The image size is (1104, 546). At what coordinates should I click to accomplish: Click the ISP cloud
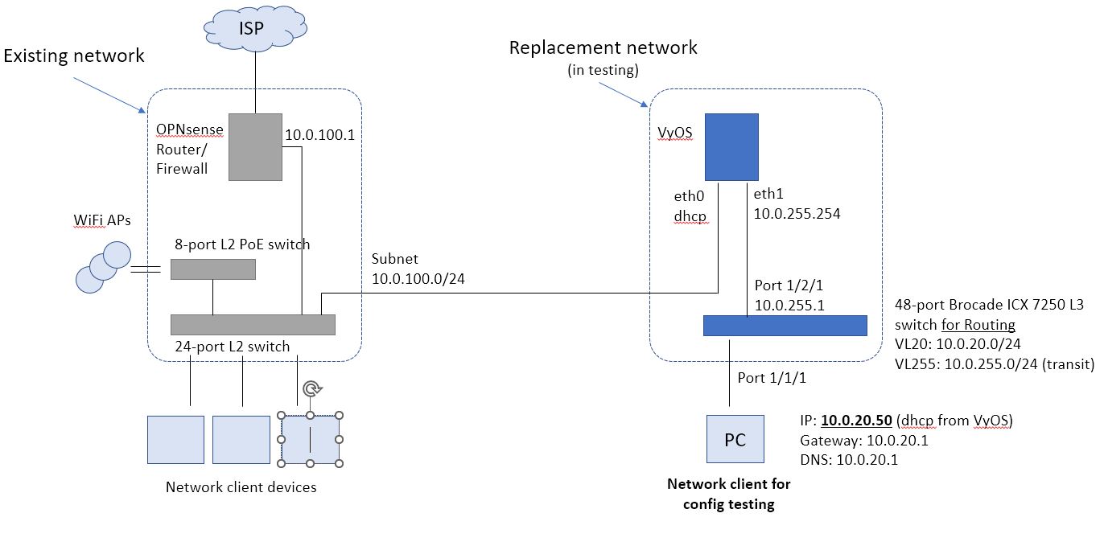coord(255,27)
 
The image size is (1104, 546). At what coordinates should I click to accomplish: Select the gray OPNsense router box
coord(255,146)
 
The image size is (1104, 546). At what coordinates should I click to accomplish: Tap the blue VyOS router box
coord(731,146)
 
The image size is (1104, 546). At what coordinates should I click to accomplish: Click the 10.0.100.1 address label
coord(320,135)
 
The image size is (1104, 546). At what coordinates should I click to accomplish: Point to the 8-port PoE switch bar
coord(213,269)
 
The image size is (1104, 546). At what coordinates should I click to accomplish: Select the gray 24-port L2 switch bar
coord(253,325)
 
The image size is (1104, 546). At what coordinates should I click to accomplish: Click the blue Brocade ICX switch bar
coord(785,326)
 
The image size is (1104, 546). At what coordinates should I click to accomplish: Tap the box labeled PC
coord(735,439)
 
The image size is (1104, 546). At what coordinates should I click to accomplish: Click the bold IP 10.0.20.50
coord(857,420)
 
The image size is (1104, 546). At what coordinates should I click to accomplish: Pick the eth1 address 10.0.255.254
coord(797,214)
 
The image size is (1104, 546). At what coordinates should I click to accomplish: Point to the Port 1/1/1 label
coord(772,378)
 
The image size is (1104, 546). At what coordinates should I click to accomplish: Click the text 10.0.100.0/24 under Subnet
coord(418,279)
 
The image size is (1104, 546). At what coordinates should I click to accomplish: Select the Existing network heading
coord(74,55)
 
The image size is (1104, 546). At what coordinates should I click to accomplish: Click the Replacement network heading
coord(603,47)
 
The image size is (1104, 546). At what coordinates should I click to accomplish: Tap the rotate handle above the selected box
coord(311,389)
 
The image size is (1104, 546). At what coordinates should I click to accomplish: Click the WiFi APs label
coord(102,220)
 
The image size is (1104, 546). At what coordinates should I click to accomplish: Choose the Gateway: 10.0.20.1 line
coord(864,440)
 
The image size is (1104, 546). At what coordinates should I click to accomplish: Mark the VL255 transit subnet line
coord(995,363)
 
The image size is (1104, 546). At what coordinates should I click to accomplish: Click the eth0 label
coord(689,196)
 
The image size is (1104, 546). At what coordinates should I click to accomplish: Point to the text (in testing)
coord(603,70)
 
